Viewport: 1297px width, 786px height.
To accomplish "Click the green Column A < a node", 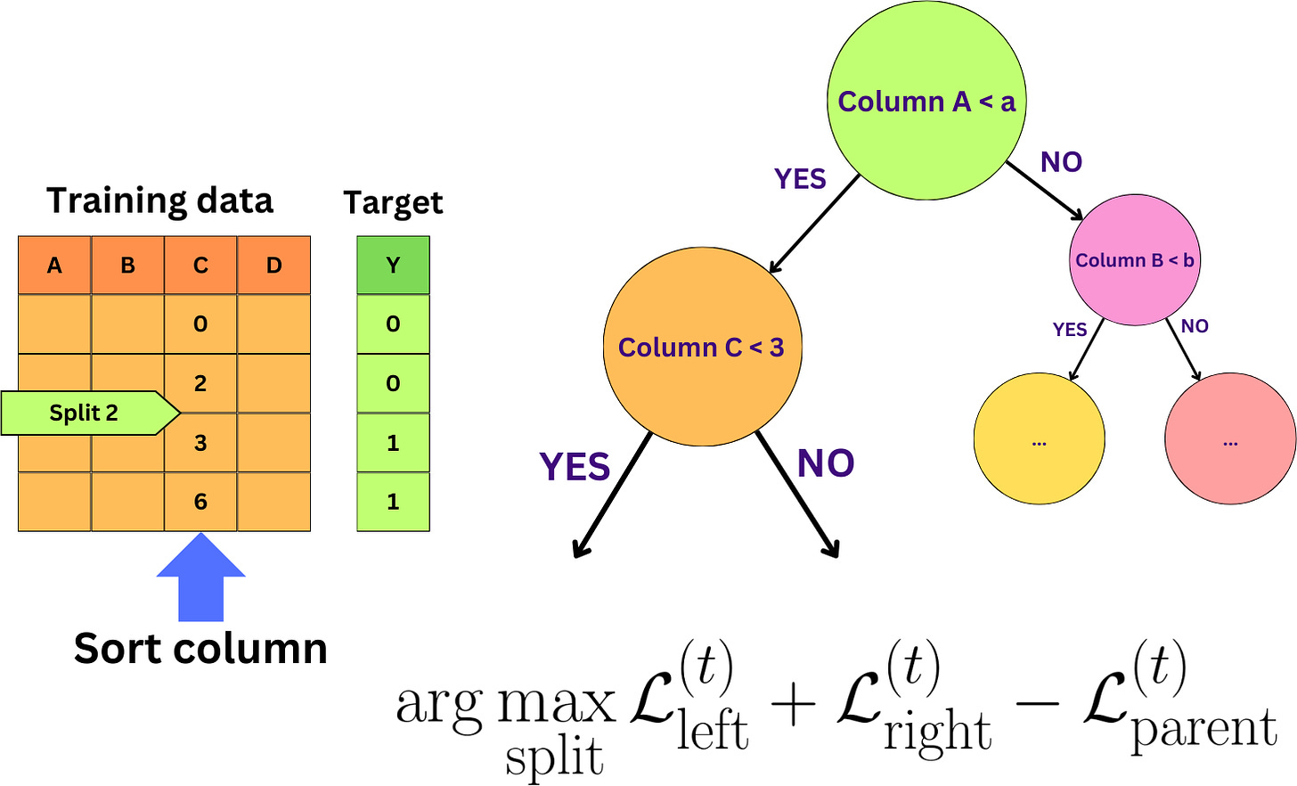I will pyautogui.click(x=926, y=100).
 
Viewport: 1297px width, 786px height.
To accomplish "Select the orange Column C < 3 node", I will pyautogui.click(x=702, y=347).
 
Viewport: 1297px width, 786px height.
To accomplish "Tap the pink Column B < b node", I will pyautogui.click(x=1134, y=260).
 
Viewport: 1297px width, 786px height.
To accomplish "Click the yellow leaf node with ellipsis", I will pyautogui.click(x=1039, y=439).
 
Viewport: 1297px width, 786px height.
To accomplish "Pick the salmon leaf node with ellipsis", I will pyautogui.click(x=1230, y=439).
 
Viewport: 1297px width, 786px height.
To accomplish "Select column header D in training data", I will pyautogui.click(x=273, y=266).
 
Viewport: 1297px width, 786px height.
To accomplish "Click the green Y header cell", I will pyautogui.click(x=393, y=266).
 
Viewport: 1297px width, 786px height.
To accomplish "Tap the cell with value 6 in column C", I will pyautogui.click(x=200, y=502).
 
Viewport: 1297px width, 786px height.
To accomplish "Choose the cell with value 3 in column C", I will pyautogui.click(x=200, y=443).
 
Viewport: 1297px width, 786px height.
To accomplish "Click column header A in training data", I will pyautogui.click(x=54, y=266).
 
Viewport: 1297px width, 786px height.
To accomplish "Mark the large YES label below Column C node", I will pyautogui.click(x=575, y=467).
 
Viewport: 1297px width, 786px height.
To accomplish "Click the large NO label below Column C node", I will pyautogui.click(x=826, y=463).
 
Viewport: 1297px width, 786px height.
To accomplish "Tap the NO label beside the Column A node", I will pyautogui.click(x=1061, y=162).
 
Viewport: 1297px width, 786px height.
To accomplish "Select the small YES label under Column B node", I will pyautogui.click(x=1070, y=330).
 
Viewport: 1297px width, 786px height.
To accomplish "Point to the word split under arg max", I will pyautogui.click(x=554, y=758).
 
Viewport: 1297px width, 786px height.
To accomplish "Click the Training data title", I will pyautogui.click(x=159, y=201).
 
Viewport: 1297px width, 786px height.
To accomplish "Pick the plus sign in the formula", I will pyautogui.click(x=793, y=704).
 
